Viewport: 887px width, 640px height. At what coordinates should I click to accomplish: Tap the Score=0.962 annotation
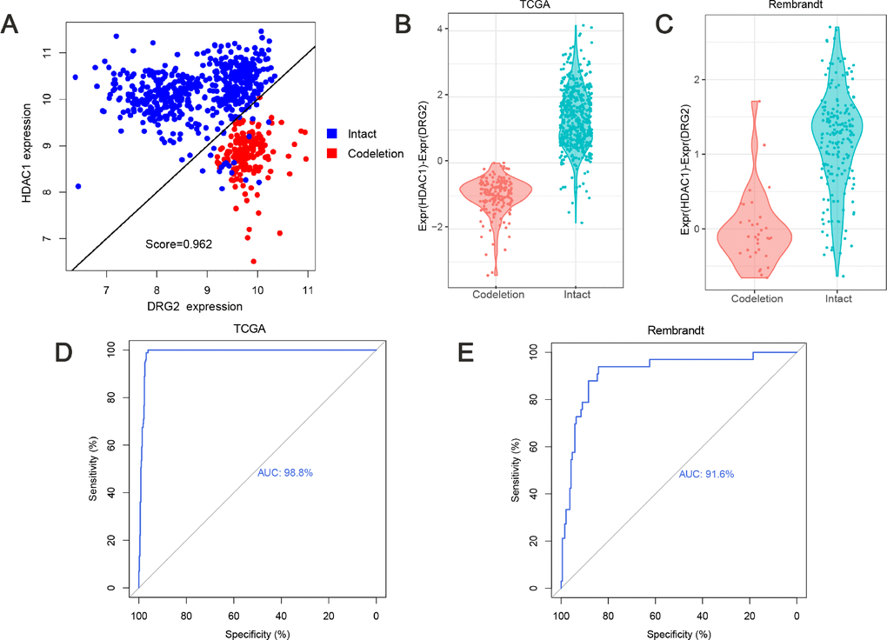click(178, 244)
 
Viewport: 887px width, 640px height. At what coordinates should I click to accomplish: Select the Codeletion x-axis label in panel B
click(497, 295)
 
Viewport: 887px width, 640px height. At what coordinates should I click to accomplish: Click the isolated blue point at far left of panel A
click(78, 186)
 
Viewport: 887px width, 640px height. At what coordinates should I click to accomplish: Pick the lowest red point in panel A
click(253, 261)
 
